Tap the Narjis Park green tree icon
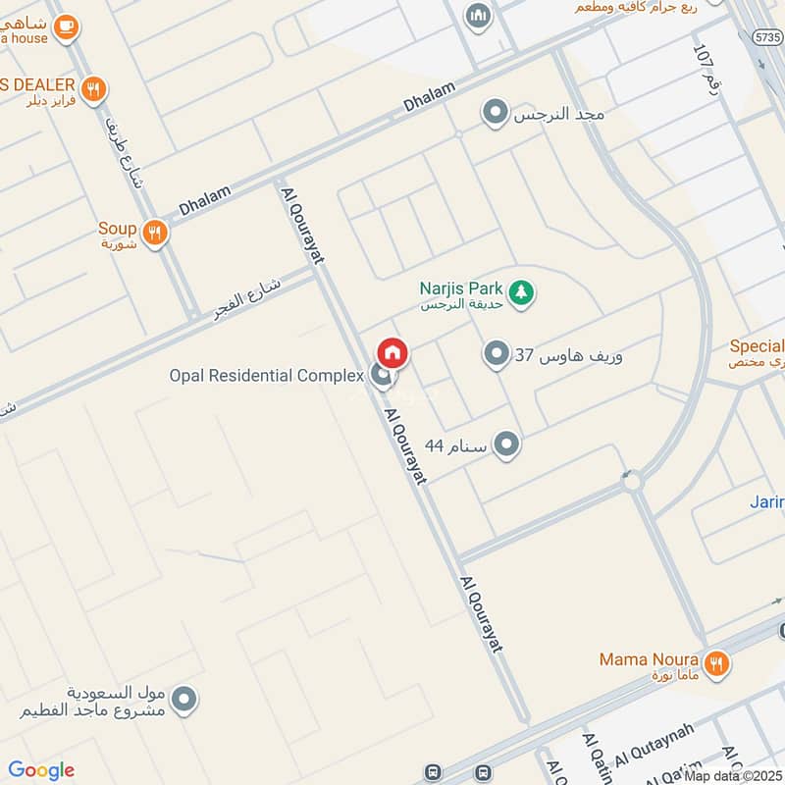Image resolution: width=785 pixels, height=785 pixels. click(x=522, y=290)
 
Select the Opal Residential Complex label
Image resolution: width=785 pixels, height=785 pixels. click(x=266, y=376)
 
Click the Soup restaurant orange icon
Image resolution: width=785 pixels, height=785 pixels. click(x=154, y=233)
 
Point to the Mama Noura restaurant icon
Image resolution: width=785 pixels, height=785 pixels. click(x=717, y=662)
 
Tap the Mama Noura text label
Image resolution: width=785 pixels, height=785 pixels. click(x=649, y=659)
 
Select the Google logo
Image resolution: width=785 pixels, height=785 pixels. click(x=41, y=770)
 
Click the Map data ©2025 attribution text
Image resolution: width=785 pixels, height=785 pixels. click(x=734, y=775)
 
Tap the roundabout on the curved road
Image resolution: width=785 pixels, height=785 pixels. click(x=632, y=482)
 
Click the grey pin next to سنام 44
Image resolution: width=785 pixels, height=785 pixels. click(x=506, y=445)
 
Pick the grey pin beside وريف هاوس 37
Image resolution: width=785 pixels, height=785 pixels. click(x=497, y=354)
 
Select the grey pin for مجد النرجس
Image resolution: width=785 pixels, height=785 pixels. click(x=496, y=114)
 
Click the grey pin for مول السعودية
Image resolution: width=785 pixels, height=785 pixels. click(x=183, y=700)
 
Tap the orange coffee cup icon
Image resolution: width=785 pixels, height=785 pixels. click(x=67, y=27)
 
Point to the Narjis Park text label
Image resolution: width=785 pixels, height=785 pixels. click(x=460, y=288)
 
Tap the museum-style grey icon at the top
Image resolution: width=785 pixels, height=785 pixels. click(x=479, y=16)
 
